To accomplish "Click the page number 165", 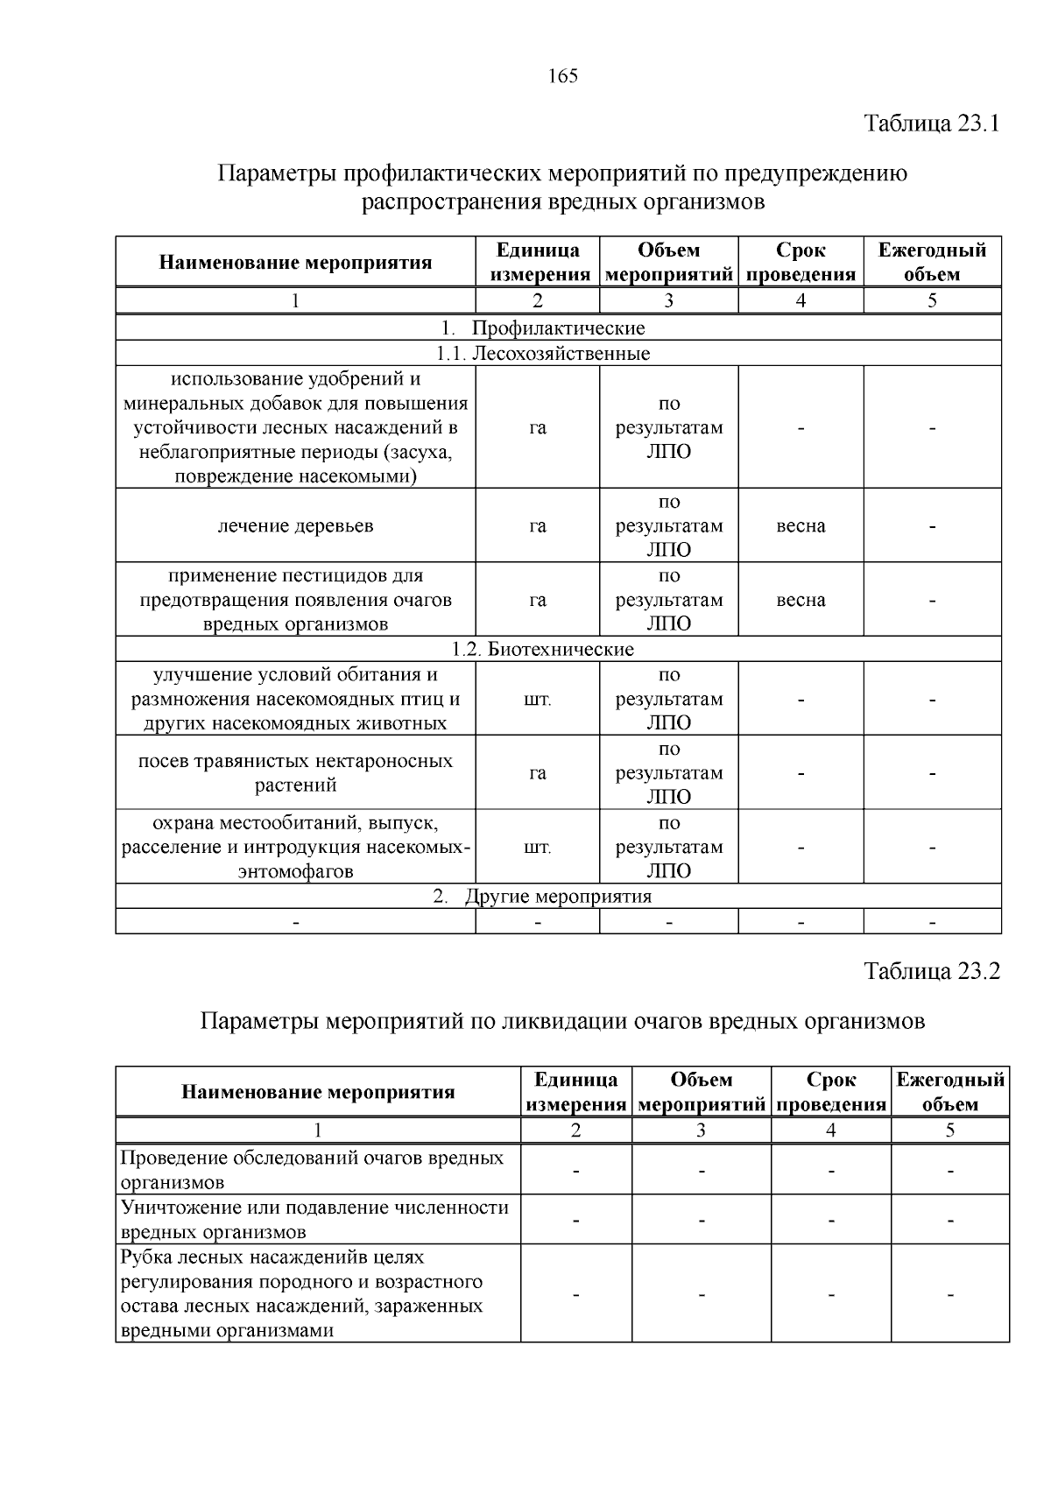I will pos(563,76).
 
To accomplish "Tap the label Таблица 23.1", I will pos(932,123).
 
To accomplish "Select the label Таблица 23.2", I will pos(932,971).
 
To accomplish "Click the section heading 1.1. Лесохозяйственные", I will pos(543,354).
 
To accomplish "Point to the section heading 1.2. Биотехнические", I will pos(543,649).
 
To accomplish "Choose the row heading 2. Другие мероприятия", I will pos(543,897).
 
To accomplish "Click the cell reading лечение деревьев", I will pos(295,525).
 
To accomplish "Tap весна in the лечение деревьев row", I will pos(801,525).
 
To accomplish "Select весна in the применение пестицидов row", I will pos(801,600).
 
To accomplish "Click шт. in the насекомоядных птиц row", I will pos(537,700).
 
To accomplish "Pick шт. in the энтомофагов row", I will pos(537,848).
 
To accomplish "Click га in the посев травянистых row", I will pos(537,773).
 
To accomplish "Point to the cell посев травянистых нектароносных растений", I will pos(295,772).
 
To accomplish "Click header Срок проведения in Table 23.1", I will pos(801,262).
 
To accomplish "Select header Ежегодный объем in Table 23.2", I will pos(950,1092).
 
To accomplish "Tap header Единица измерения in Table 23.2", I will pos(575,1092).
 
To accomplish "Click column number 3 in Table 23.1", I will pos(668,301).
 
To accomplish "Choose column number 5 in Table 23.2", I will pos(950,1130).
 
